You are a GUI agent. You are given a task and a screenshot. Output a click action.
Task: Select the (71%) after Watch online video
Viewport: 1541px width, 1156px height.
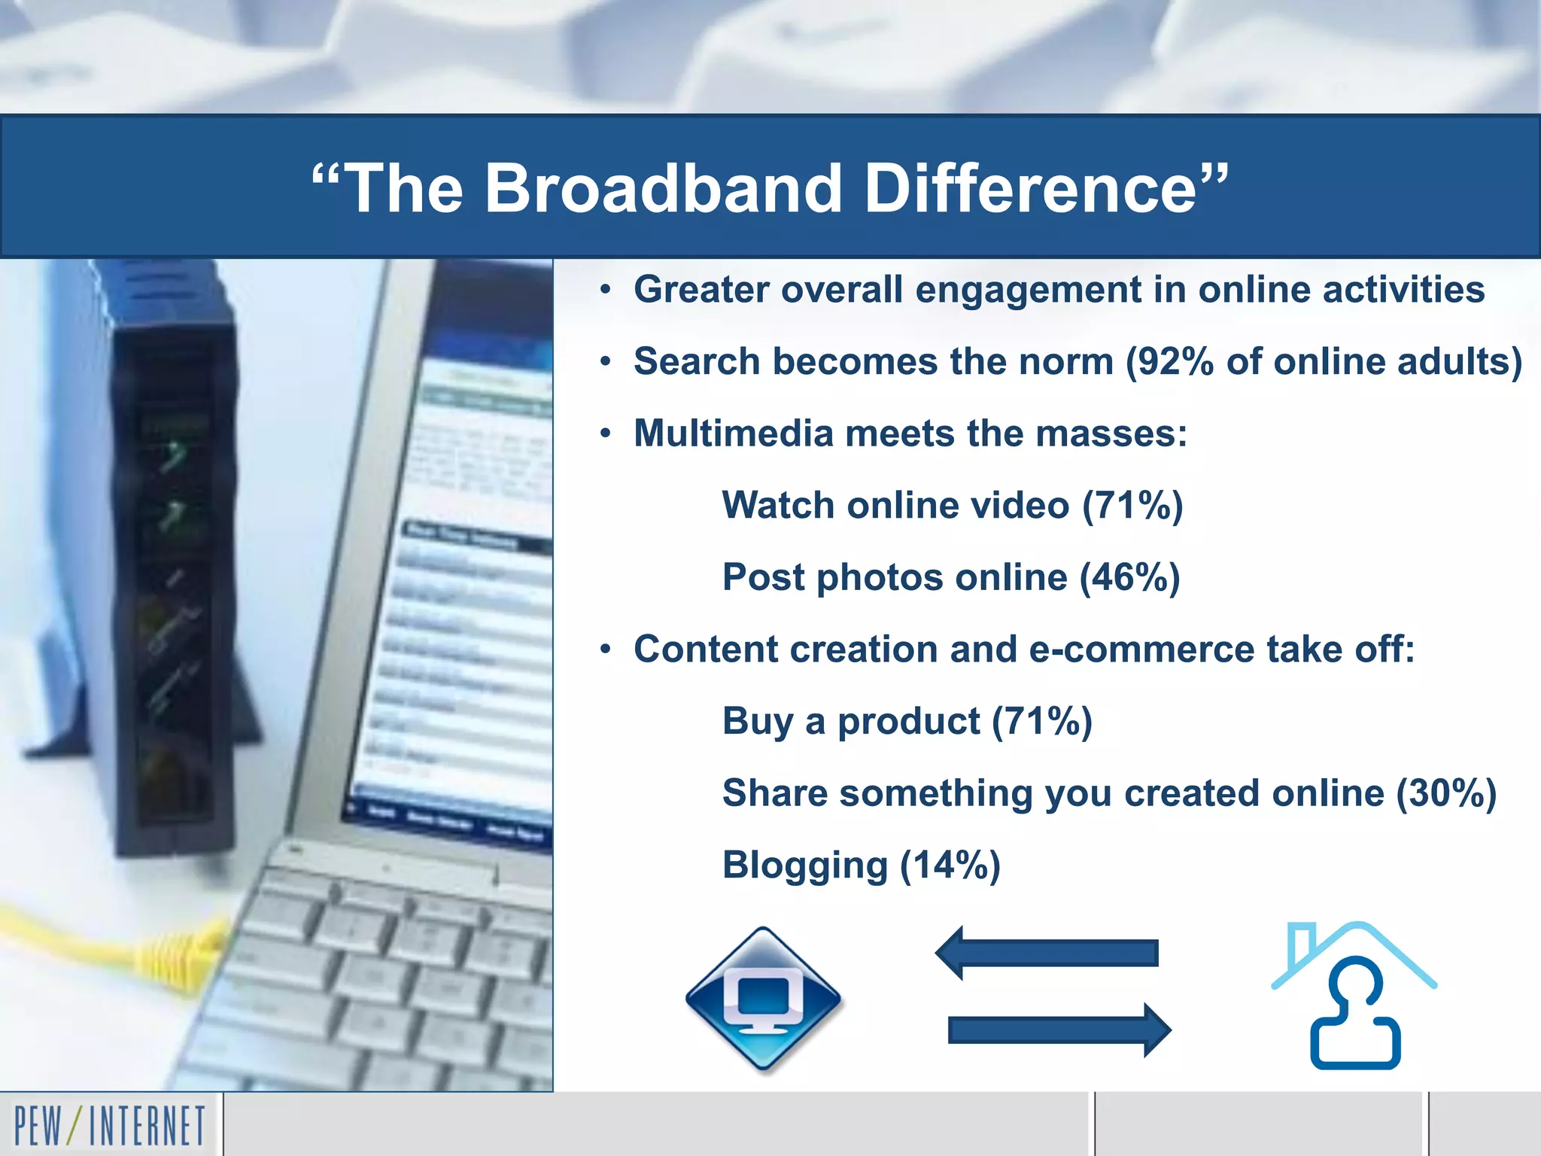click(x=1132, y=506)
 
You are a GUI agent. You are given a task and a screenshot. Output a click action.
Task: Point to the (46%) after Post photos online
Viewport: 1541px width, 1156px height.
click(x=1129, y=578)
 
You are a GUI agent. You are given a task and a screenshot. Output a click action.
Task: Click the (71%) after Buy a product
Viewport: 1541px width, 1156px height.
click(x=1041, y=722)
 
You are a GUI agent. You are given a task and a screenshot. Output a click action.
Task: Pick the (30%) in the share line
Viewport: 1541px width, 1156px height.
click(x=1445, y=793)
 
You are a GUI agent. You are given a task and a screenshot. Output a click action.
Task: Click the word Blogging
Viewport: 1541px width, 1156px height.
click(x=805, y=865)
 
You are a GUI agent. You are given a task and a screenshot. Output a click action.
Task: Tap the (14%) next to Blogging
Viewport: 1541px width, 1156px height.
click(x=950, y=865)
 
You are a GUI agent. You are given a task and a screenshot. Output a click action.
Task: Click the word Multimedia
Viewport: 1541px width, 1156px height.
click(x=734, y=434)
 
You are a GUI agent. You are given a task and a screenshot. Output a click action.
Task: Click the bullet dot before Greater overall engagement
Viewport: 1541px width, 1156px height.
click(x=606, y=291)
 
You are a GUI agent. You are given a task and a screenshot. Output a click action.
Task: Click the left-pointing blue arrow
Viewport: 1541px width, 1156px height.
click(x=1046, y=953)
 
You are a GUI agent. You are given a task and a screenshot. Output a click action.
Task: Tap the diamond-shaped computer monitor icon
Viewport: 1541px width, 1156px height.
click(x=763, y=999)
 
